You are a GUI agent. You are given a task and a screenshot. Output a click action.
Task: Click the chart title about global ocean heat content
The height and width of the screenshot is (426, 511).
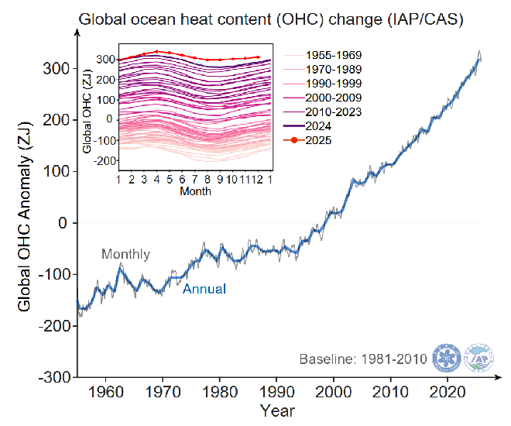(271, 19)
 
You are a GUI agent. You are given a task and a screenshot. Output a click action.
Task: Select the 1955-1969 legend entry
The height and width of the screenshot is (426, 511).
(333, 55)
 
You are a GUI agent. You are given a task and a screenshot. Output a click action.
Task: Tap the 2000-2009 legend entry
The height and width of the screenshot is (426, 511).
(333, 98)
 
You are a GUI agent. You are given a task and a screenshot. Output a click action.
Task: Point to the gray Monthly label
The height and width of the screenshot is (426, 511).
(125, 254)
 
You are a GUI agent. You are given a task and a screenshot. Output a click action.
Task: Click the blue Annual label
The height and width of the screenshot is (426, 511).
(204, 289)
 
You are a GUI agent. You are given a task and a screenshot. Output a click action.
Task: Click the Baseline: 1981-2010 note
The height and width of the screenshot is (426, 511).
(362, 359)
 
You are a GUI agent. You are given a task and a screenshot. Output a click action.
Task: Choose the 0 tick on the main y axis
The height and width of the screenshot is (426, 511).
(63, 223)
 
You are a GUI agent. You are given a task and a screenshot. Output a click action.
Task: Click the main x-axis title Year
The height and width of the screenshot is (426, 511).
(276, 410)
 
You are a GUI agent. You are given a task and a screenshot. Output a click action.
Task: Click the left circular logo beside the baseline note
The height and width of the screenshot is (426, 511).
(447, 358)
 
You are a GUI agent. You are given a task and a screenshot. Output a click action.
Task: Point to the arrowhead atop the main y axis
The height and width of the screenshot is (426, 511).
(77, 31)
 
